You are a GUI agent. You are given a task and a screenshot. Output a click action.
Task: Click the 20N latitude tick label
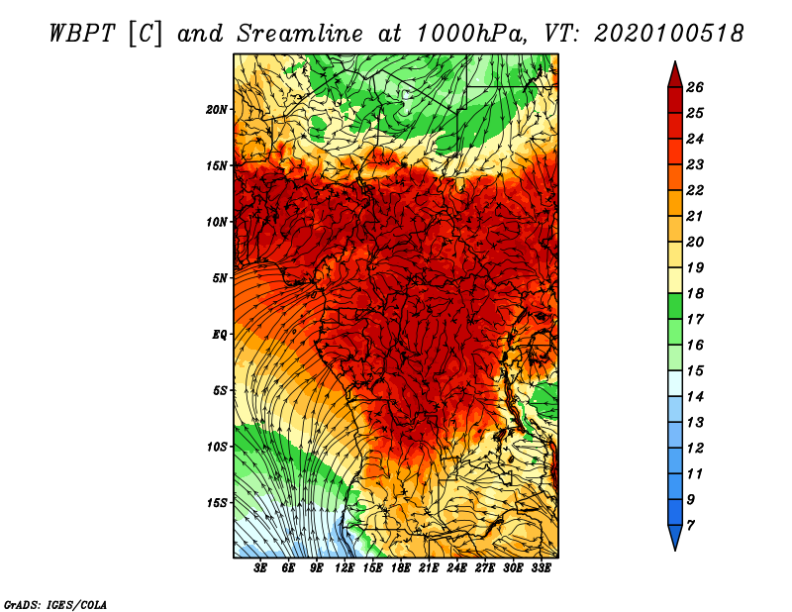pyautogui.click(x=217, y=110)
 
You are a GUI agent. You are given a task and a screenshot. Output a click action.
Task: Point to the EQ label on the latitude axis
pyautogui.click(x=219, y=335)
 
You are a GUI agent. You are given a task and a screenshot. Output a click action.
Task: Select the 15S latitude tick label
pyautogui.click(x=217, y=503)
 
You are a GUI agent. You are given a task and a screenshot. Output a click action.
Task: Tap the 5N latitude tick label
pyautogui.click(x=220, y=278)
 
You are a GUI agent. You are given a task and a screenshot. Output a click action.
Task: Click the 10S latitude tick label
pyautogui.click(x=217, y=447)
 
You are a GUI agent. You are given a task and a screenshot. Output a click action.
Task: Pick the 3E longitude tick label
pyautogui.click(x=259, y=568)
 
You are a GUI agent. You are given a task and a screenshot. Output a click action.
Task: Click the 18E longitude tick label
pyautogui.click(x=401, y=568)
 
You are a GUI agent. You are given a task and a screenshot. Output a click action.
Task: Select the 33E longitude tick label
pyautogui.click(x=541, y=568)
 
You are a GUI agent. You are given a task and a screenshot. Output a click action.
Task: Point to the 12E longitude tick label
pyautogui.click(x=344, y=568)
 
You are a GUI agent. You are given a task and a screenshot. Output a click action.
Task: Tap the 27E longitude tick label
pyautogui.click(x=484, y=568)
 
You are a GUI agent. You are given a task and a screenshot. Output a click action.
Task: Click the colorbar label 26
pyautogui.click(x=695, y=87)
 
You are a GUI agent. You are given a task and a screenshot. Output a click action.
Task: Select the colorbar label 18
pyautogui.click(x=695, y=293)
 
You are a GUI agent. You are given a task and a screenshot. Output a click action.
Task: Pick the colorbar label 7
pyautogui.click(x=690, y=526)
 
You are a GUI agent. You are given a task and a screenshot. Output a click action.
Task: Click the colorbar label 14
pyautogui.click(x=695, y=397)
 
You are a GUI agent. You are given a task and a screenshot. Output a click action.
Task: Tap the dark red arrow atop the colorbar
pyautogui.click(x=675, y=75)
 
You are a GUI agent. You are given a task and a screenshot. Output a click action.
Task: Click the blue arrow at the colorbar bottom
pyautogui.click(x=675, y=538)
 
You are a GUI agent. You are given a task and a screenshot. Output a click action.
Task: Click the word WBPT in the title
pyautogui.click(x=83, y=34)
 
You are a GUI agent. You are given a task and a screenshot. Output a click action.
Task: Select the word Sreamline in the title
pyautogui.click(x=300, y=34)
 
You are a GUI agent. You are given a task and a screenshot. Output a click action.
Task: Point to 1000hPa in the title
pyautogui.click(x=468, y=34)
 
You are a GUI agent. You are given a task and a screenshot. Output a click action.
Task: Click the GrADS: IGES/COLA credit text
pyautogui.click(x=55, y=605)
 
